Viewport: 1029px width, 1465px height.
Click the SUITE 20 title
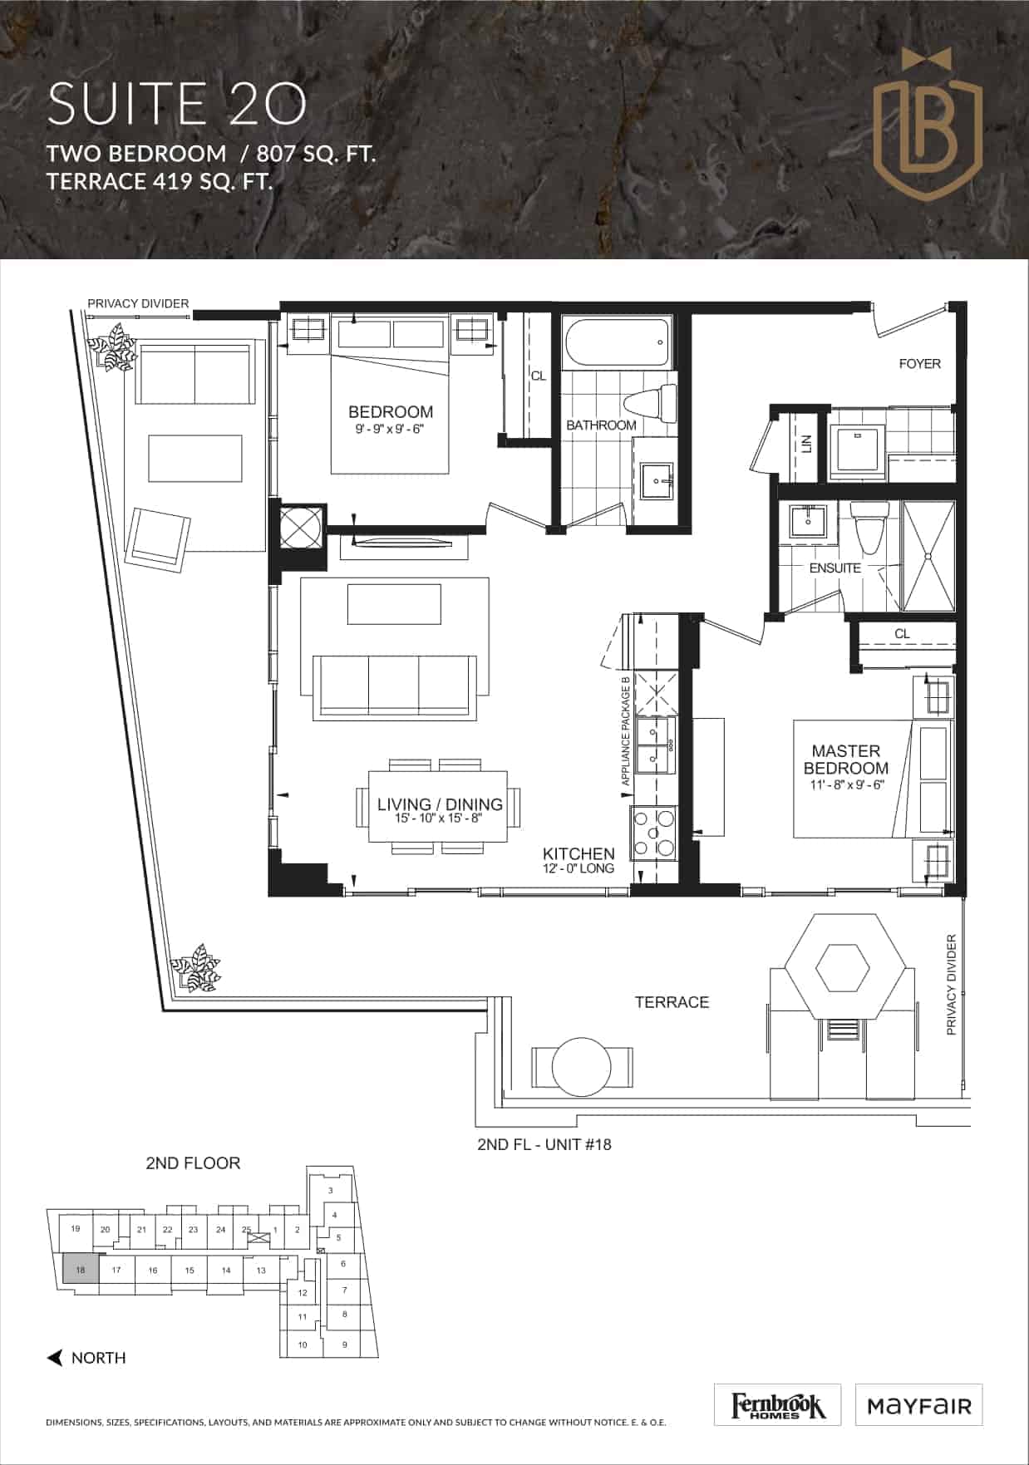177,104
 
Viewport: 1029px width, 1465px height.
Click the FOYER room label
920,363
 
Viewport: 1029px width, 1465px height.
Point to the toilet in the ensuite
868,525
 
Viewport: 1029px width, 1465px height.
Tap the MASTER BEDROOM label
846,760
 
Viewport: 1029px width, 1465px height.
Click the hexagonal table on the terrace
843,968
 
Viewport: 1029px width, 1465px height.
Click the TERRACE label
672,1002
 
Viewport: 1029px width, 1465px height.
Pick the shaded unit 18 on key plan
81,1270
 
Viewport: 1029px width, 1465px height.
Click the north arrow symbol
55,1358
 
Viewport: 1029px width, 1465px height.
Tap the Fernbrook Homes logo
778,1405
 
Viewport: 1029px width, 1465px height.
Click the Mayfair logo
919,1405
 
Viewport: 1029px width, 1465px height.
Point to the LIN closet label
806,445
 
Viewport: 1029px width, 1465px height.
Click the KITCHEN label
579,853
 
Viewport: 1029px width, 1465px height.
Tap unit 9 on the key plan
345,1345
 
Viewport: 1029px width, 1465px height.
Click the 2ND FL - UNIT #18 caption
544,1144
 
